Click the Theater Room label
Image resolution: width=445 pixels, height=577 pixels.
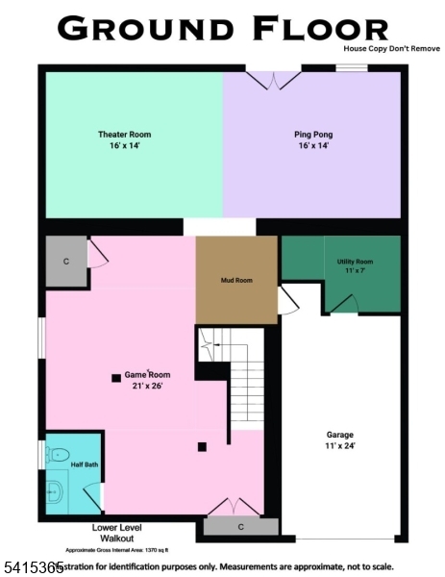pyautogui.click(x=124, y=134)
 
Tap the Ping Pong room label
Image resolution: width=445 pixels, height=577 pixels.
pyautogui.click(x=313, y=134)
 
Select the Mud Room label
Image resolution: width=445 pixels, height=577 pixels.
pyautogui.click(x=236, y=281)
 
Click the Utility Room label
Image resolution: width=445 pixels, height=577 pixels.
pyautogui.click(x=355, y=262)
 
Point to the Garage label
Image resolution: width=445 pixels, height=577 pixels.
pyautogui.click(x=340, y=435)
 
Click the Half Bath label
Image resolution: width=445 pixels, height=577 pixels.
pyautogui.click(x=85, y=465)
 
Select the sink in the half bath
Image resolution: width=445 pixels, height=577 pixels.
pyautogui.click(x=55, y=493)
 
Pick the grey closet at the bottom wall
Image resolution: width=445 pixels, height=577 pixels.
pyautogui.click(x=240, y=527)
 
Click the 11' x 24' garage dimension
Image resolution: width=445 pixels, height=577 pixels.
pyautogui.click(x=340, y=446)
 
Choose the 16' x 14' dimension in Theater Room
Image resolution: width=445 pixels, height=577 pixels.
pyautogui.click(x=124, y=146)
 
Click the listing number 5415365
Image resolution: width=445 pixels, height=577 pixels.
pyautogui.click(x=29, y=568)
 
